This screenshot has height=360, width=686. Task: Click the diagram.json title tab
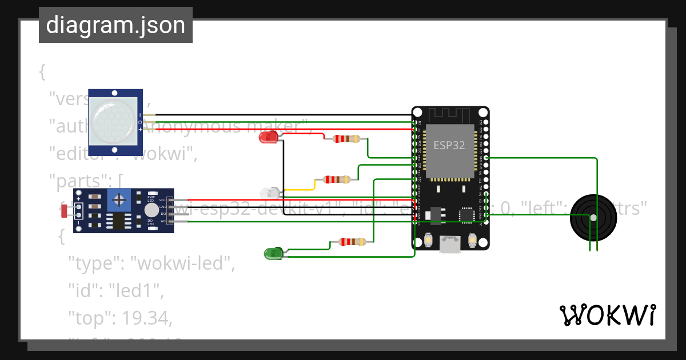[115, 25]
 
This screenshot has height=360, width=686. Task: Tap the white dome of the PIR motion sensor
[115, 121]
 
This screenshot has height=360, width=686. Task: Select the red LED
[268, 137]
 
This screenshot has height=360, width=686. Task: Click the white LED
[269, 193]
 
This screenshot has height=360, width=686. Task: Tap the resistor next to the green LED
[352, 242]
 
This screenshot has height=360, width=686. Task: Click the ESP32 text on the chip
[449, 145]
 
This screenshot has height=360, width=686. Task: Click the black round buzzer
[593, 218]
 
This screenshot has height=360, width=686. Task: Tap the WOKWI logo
[607, 315]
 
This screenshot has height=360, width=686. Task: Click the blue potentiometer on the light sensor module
[119, 200]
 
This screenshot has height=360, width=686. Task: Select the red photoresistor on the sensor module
[64, 210]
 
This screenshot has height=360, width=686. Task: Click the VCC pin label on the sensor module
[162, 200]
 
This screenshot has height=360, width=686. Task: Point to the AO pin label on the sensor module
[162, 221]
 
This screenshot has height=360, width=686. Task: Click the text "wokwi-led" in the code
[182, 263]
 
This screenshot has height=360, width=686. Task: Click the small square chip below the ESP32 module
[466, 215]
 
